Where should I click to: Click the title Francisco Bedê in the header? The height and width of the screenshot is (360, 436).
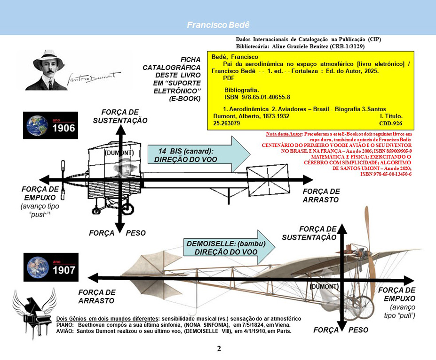(x=218, y=24)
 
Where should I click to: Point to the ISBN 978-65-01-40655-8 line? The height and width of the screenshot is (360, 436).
(x=257, y=97)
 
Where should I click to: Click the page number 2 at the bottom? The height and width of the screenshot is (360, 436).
(x=219, y=349)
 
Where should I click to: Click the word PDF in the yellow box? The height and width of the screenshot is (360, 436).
(x=229, y=78)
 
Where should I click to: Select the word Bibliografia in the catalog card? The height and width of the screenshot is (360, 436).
(x=241, y=89)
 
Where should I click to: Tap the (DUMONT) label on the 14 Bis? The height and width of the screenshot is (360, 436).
(x=119, y=153)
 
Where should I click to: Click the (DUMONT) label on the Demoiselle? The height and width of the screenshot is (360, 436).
(x=325, y=286)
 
